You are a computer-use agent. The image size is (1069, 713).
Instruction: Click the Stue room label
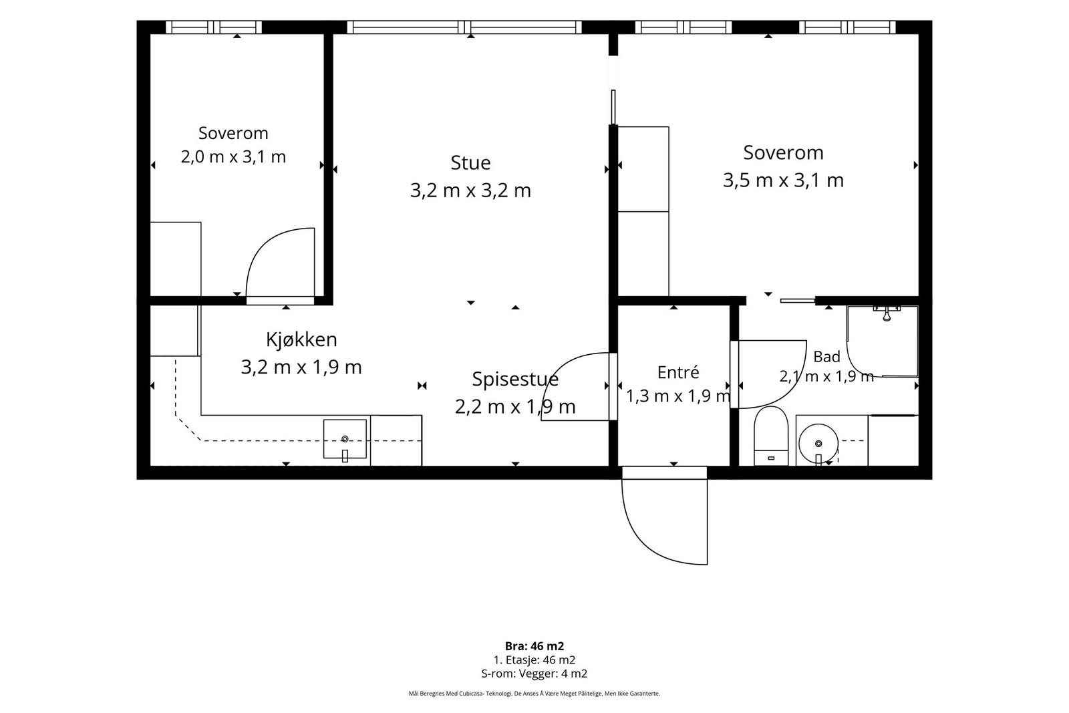(470, 163)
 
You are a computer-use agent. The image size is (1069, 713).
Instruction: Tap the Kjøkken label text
(301, 340)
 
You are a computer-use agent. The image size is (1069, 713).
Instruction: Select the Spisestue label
(515, 380)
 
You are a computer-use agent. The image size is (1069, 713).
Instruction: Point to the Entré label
(678, 372)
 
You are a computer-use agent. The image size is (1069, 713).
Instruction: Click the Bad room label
(826, 357)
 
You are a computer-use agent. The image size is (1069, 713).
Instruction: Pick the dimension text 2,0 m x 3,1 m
(233, 156)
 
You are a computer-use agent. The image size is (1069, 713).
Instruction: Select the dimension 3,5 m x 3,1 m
(783, 180)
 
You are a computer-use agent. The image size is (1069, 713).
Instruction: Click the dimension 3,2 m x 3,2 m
(470, 191)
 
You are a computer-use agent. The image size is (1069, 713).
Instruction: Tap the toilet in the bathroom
(771, 436)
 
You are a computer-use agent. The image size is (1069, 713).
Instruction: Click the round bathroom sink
(818, 444)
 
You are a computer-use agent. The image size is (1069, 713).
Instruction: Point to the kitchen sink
(345, 439)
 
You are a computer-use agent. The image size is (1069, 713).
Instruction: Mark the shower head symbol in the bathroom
(887, 313)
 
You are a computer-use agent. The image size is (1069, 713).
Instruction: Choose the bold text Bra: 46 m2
(534, 646)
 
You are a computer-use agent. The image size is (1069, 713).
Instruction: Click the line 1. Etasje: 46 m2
(534, 660)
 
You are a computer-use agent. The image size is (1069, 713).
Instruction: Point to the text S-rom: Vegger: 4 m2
(534, 674)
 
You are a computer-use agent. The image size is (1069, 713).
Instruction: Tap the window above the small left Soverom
(214, 27)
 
